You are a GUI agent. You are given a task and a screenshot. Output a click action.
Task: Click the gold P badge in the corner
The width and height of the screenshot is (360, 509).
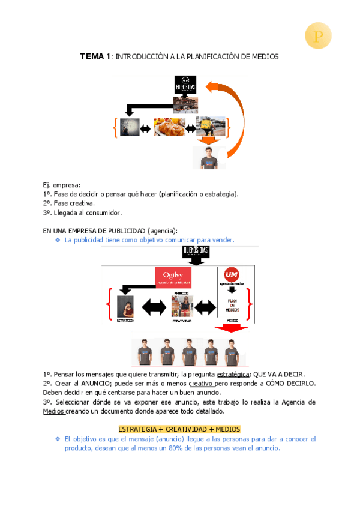tap(318, 36)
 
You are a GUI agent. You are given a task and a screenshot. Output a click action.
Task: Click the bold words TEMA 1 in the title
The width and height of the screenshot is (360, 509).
tap(95, 56)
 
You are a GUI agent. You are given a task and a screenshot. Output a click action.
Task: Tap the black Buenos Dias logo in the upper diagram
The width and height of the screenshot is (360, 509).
tap(185, 85)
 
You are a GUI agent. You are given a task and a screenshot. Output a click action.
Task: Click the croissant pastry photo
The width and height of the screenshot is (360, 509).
tap(169, 127)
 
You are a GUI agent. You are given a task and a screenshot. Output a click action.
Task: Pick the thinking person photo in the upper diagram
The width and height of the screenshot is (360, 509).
tap(129, 127)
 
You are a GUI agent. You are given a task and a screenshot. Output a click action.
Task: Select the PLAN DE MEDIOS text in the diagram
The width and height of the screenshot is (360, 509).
tap(232, 304)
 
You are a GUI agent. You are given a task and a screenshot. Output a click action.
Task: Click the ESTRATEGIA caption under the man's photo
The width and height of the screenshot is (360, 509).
tap(125, 321)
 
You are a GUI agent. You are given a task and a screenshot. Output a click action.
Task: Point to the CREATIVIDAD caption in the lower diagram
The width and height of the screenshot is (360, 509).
tap(182, 321)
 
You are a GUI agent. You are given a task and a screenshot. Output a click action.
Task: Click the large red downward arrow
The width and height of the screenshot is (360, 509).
tap(231, 328)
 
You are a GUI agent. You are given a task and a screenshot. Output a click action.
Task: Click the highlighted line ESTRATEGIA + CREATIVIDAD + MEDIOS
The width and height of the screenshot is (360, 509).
tap(179, 429)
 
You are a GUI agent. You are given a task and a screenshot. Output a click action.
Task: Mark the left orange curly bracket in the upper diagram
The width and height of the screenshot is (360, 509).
tap(114, 128)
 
